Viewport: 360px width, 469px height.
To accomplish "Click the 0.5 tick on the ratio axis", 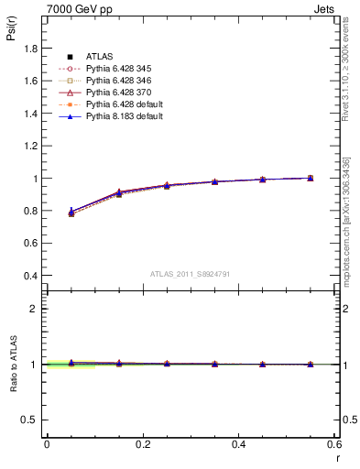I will click(x=31, y=420).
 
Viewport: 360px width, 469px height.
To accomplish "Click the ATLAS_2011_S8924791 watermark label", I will click(x=190, y=274).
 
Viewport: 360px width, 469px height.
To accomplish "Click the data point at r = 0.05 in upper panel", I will click(x=71, y=213).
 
